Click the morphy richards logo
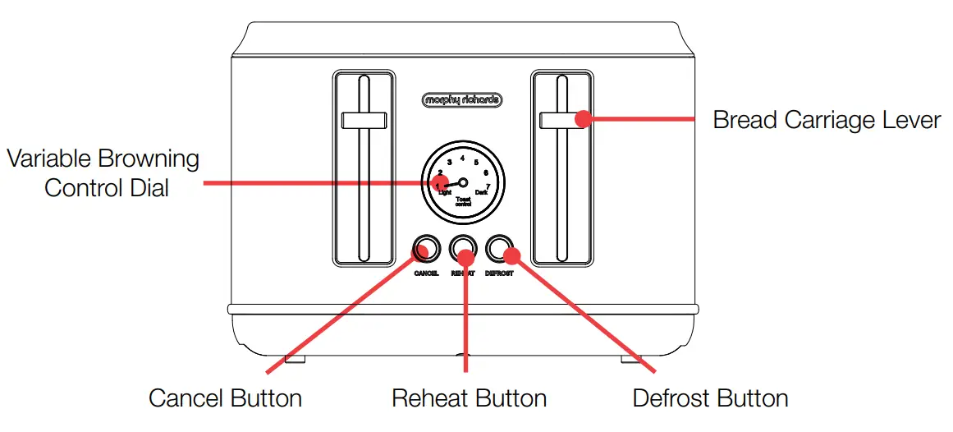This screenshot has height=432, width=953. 461,100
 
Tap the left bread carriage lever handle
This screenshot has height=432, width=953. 364,120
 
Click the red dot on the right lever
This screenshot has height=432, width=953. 582,118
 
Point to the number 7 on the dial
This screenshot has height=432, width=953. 488,187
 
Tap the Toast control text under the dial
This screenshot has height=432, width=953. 462,201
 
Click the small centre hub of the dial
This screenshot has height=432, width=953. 462,183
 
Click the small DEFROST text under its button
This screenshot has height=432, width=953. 499,273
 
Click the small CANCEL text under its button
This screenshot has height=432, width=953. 426,273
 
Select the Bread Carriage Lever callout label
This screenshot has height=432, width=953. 826,120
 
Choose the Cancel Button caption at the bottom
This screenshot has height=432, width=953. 225,399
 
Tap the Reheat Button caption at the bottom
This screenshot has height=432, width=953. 469,399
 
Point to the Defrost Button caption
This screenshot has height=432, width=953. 710,399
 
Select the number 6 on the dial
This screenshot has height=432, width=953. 486,173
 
